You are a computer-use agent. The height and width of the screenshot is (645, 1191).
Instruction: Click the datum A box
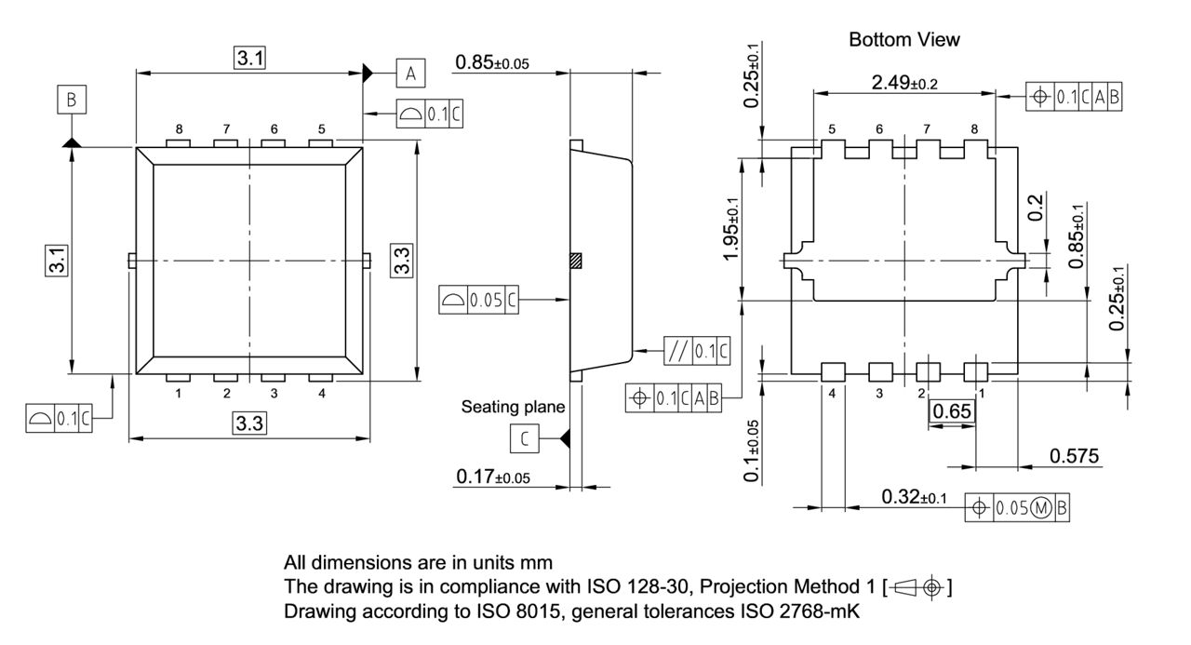(x=411, y=72)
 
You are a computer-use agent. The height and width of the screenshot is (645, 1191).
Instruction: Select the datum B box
(x=71, y=100)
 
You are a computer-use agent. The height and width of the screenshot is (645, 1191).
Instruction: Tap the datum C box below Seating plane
(x=525, y=437)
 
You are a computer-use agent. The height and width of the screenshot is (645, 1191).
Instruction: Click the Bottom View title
(x=903, y=40)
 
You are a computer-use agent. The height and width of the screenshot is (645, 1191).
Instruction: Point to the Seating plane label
(x=513, y=407)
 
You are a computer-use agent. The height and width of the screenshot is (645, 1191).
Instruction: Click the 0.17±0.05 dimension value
(x=492, y=477)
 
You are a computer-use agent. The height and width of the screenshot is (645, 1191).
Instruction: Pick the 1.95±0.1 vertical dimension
(x=734, y=229)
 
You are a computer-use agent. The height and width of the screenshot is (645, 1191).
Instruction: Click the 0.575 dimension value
(x=1074, y=456)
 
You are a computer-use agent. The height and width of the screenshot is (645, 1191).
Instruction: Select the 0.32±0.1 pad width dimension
(x=914, y=498)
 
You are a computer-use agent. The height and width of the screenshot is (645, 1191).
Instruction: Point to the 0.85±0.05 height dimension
(x=492, y=63)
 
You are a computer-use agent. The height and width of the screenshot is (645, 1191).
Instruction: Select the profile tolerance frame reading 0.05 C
(x=478, y=300)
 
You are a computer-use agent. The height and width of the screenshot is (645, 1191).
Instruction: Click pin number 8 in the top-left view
(x=179, y=129)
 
